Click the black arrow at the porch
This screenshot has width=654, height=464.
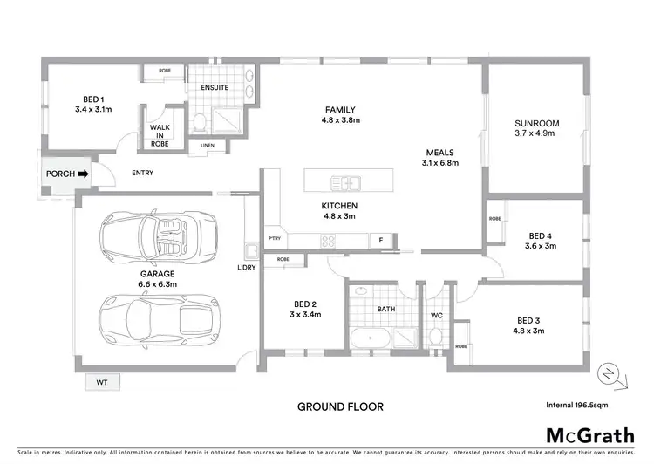(84, 174)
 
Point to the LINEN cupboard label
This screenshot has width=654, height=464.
(207, 145)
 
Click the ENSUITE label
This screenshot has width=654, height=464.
(215, 87)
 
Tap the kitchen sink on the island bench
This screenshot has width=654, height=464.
(346, 182)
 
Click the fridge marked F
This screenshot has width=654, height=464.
(381, 240)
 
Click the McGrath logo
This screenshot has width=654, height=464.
(589, 435)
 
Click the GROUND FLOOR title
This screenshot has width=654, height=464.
(340, 406)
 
